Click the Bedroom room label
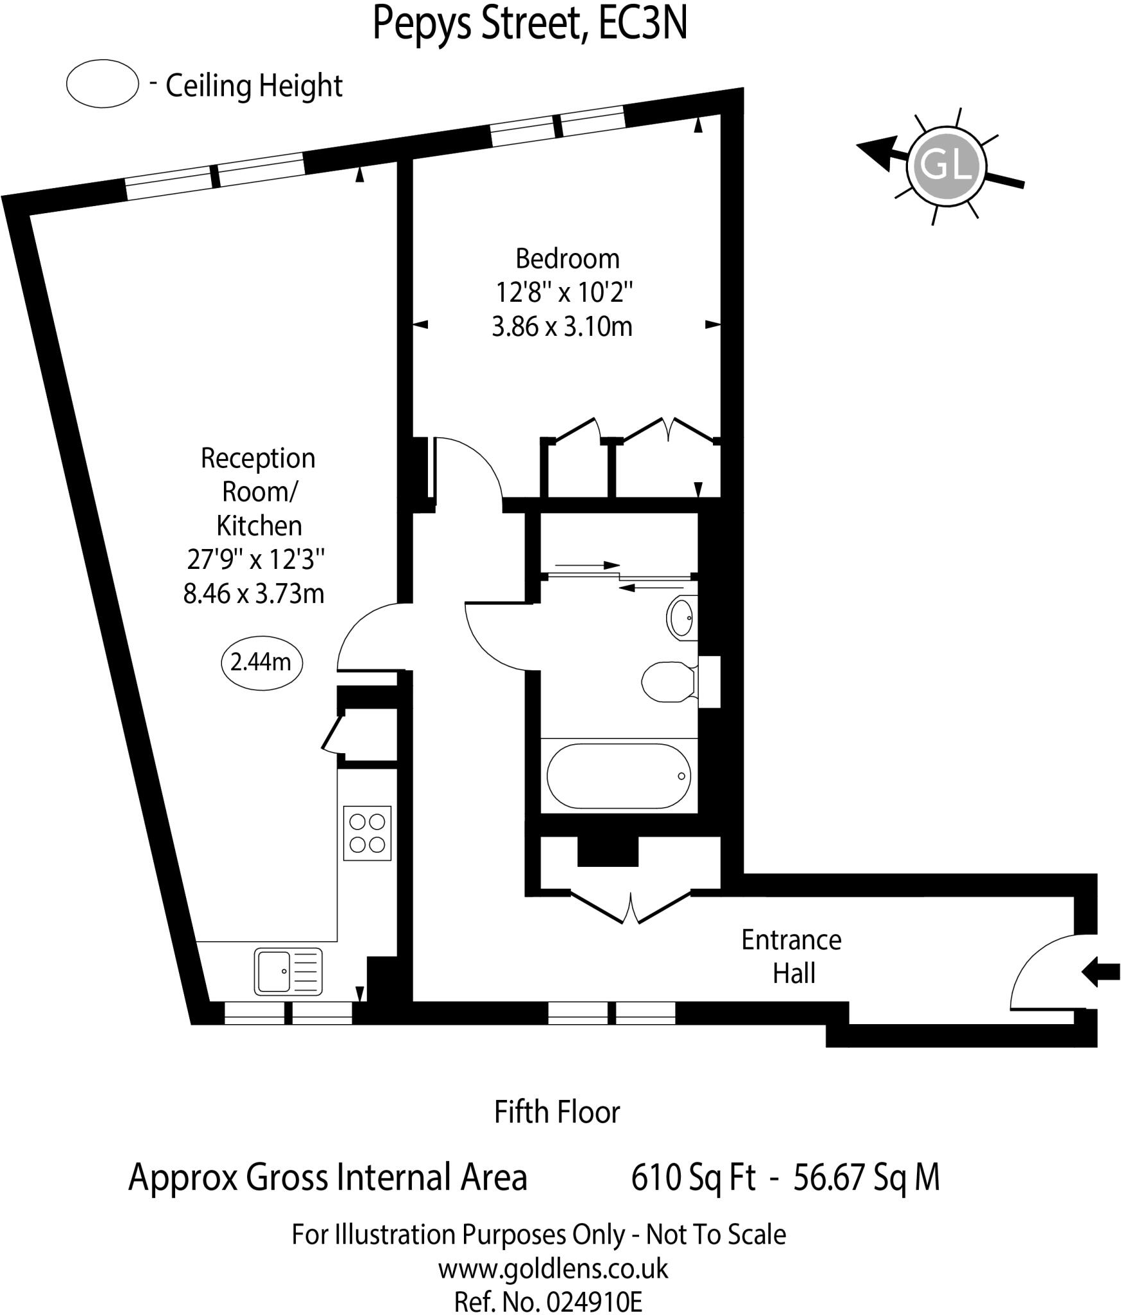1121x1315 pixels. [567, 259]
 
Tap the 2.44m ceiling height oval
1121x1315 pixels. [261, 662]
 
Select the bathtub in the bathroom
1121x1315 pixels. [619, 776]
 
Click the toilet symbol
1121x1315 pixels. [667, 681]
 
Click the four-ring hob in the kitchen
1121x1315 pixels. [367, 833]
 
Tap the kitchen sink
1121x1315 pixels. [288, 971]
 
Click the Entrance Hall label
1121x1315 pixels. [791, 956]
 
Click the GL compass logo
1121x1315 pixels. [946, 166]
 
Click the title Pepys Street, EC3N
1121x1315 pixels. [530, 24]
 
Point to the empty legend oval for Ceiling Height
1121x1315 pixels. [103, 83]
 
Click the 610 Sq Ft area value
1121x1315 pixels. [694, 1178]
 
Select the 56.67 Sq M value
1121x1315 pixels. [866, 1178]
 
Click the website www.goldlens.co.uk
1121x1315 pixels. [553, 1269]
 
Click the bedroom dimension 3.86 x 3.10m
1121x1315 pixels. [562, 327]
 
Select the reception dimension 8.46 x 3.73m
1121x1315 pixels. [254, 593]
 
